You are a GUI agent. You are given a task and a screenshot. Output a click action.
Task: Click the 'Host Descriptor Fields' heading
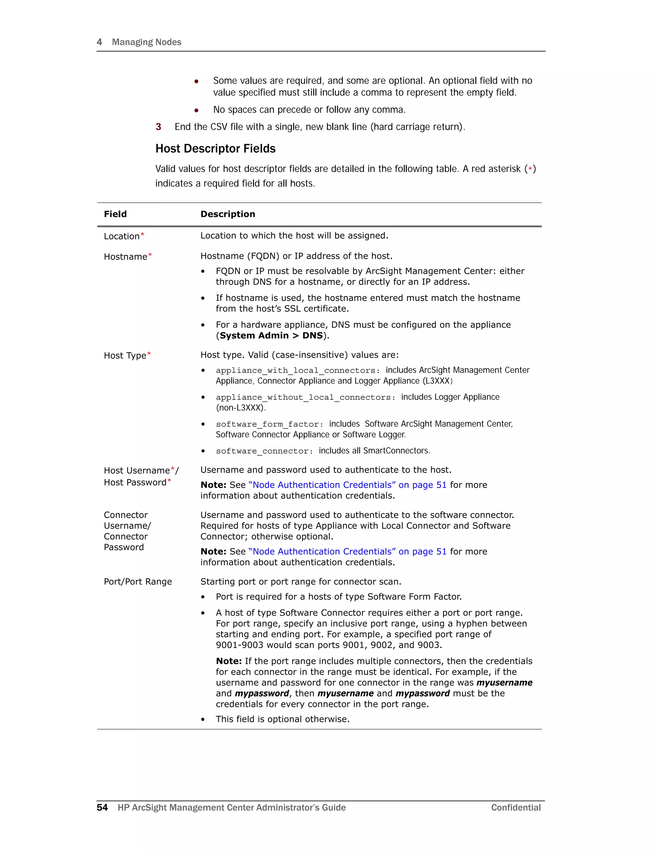[x=215, y=149]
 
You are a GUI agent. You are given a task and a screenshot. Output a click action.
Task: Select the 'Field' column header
[x=115, y=214]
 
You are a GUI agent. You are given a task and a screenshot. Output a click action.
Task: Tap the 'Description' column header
[x=228, y=214]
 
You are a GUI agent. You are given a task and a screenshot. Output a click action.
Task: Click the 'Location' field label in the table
[x=122, y=236]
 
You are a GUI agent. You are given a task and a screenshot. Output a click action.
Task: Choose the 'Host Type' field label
[x=125, y=355]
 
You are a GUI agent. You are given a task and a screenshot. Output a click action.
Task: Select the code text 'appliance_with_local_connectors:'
[x=298, y=371]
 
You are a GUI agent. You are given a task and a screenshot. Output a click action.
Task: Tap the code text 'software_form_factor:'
[x=270, y=424]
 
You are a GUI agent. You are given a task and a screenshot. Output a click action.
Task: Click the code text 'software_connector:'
[x=265, y=451]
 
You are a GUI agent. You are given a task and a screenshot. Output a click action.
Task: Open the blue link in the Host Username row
[x=347, y=485]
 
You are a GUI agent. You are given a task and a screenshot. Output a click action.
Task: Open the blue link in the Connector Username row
[x=347, y=551]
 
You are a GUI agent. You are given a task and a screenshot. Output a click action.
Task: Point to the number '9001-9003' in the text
[x=239, y=645]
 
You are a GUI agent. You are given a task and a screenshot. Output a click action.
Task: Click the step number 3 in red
[x=158, y=127]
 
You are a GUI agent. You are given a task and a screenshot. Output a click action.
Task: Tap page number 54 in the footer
[x=102, y=807]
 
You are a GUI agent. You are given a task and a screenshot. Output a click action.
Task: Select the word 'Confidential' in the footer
[x=516, y=807]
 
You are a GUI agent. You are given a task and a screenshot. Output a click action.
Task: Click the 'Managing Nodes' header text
[x=146, y=42]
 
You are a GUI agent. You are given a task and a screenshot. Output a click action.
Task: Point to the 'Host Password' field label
[x=135, y=482]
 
